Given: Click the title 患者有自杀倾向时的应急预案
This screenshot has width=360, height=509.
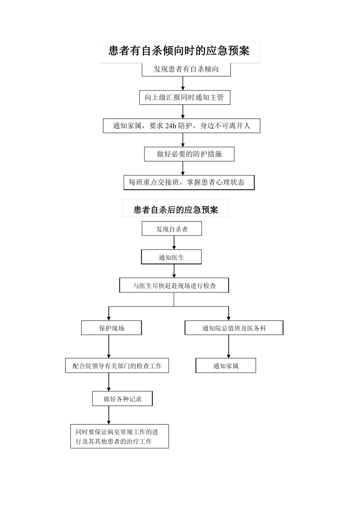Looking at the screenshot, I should click(x=179, y=51).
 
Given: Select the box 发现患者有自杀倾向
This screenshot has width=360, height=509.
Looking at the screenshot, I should click(x=186, y=69).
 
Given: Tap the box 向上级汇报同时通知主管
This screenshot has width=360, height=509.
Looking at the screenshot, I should click(x=184, y=98).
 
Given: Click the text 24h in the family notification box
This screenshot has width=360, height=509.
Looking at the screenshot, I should click(x=171, y=126).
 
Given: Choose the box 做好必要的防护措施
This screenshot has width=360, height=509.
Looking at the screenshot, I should click(x=189, y=154).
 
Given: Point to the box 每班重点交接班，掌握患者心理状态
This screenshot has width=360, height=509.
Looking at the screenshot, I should click(x=189, y=183).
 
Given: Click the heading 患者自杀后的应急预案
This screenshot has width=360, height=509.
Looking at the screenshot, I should click(x=176, y=209).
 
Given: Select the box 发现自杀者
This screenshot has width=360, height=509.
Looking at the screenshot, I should click(x=172, y=229).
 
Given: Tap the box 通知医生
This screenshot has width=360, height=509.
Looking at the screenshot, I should click(x=171, y=258).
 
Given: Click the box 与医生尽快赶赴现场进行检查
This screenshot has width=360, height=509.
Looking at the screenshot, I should click(x=174, y=286).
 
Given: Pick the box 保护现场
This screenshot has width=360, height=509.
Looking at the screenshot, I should click(x=111, y=328).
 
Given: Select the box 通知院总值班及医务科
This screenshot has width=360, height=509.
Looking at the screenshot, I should click(x=234, y=328).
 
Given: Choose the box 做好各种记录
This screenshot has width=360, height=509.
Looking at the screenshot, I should click(x=122, y=399).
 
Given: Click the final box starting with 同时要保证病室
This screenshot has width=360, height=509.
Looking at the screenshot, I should click(x=119, y=437).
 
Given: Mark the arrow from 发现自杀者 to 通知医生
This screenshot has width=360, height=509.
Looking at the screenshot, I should click(x=174, y=243).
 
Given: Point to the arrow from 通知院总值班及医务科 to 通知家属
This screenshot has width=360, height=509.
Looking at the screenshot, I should click(x=229, y=347).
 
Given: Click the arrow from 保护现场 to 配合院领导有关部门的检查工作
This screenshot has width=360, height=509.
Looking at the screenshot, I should click(x=109, y=347).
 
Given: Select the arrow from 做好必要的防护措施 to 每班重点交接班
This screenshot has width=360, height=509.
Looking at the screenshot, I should click(x=183, y=168).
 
